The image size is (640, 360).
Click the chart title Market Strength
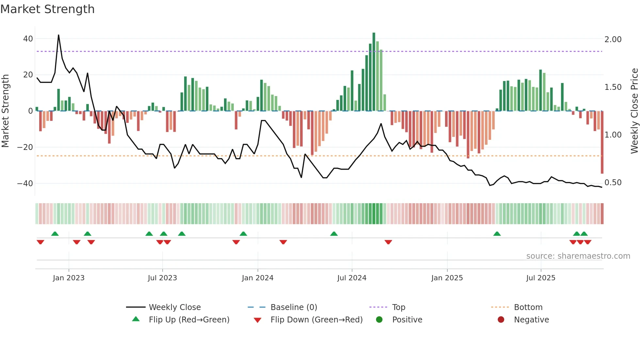click(x=47, y=9)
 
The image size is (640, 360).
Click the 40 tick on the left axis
click(x=28, y=39)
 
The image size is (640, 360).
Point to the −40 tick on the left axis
click(x=25, y=183)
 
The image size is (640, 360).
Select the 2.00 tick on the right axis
click(x=613, y=40)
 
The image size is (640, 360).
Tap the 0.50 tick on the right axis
click(x=613, y=183)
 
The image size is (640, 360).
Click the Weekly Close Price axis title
click(x=634, y=111)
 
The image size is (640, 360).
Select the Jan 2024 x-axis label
click(x=258, y=278)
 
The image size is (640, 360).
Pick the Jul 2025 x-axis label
click(x=541, y=278)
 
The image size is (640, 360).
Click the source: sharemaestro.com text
click(x=578, y=256)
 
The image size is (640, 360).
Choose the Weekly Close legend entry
click(x=175, y=307)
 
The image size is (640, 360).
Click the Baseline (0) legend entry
click(x=294, y=307)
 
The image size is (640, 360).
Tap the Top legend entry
click(x=398, y=307)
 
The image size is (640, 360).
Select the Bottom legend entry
click(x=528, y=307)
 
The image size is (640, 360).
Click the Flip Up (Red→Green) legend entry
click(x=189, y=320)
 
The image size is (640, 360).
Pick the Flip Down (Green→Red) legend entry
click(x=316, y=320)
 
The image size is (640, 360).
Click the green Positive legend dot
click(x=379, y=320)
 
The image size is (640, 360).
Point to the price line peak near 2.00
click(x=58, y=35)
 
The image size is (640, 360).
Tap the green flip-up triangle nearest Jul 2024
click(x=334, y=234)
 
